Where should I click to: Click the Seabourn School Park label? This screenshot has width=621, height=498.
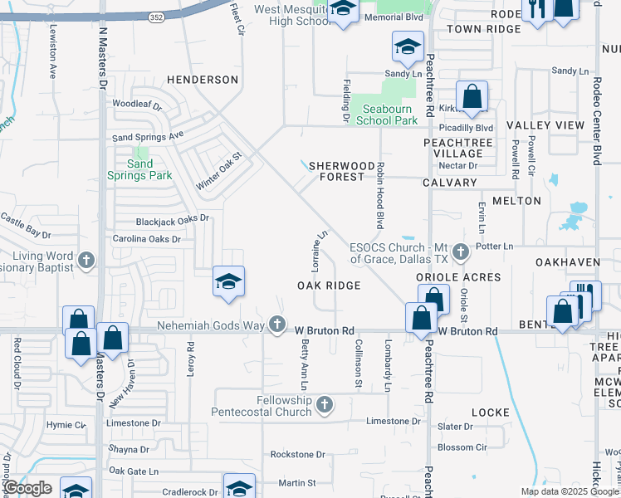click(x=387, y=114)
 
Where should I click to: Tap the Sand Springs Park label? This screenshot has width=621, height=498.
click(x=139, y=169)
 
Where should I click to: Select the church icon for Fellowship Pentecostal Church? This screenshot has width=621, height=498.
click(x=325, y=404)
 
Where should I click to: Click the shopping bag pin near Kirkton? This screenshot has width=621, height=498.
click(x=472, y=98)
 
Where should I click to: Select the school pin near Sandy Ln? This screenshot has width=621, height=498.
click(x=408, y=48)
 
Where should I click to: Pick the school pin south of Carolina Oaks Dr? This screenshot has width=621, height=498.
click(x=227, y=281)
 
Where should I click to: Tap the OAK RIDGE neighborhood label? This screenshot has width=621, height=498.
click(x=329, y=286)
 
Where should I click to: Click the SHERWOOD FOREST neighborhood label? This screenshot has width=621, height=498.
click(x=336, y=171)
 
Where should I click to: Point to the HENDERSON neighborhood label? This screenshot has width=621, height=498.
click(x=203, y=80)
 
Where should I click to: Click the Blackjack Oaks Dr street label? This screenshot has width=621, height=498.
click(x=173, y=222)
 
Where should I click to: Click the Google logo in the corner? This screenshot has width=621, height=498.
click(x=27, y=488)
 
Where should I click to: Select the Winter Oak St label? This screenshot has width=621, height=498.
click(x=218, y=169)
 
